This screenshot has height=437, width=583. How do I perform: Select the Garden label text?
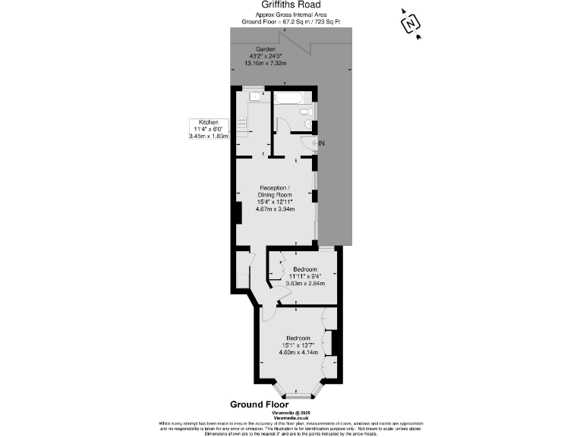click(265, 49)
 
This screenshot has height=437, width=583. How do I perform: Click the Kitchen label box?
click(209, 130)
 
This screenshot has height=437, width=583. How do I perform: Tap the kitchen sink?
click(255, 97)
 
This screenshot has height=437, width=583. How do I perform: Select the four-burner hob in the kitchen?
click(242, 121)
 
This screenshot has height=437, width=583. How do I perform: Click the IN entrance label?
click(321, 143)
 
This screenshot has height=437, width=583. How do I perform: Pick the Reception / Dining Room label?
click(275, 190)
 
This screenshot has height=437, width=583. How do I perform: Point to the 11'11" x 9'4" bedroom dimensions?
click(304, 277)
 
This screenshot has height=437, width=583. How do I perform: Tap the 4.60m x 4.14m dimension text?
click(297, 352)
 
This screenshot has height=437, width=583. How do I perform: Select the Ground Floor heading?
click(260, 404)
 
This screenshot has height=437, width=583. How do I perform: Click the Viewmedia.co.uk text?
click(296, 417)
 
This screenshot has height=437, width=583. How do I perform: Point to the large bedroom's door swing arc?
click(269, 312)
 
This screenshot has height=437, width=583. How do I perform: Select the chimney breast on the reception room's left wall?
click(238, 212)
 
